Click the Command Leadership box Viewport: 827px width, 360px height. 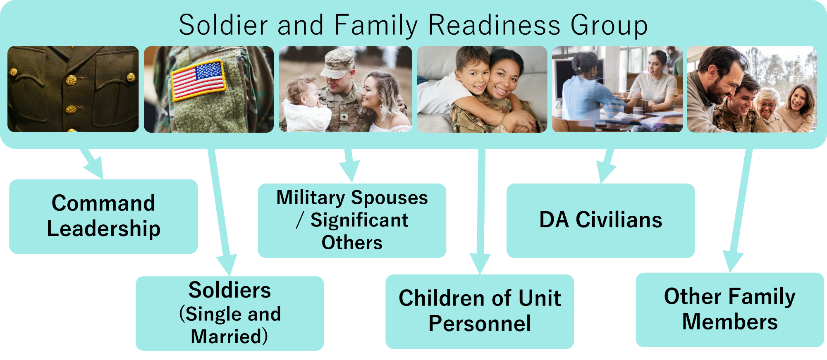[x=103, y=216]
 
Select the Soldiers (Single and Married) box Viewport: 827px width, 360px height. [x=229, y=313]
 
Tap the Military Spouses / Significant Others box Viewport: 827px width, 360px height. [x=352, y=220]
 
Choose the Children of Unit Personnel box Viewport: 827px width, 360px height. [x=480, y=311]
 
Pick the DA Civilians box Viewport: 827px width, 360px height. [x=600, y=220]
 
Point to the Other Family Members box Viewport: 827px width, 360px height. [x=730, y=310]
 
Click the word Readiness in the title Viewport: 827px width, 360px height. [x=494, y=25]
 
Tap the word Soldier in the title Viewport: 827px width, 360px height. [x=223, y=25]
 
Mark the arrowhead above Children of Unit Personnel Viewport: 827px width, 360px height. [x=480, y=263]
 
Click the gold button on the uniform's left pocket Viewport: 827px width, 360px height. [x=13, y=72]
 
